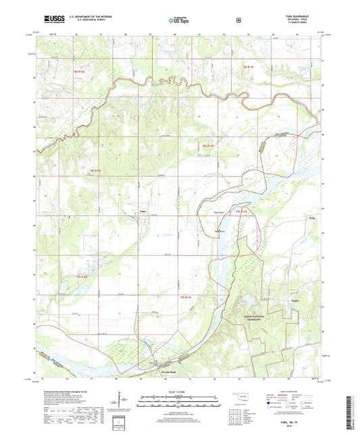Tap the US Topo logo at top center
[x=179, y=22]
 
